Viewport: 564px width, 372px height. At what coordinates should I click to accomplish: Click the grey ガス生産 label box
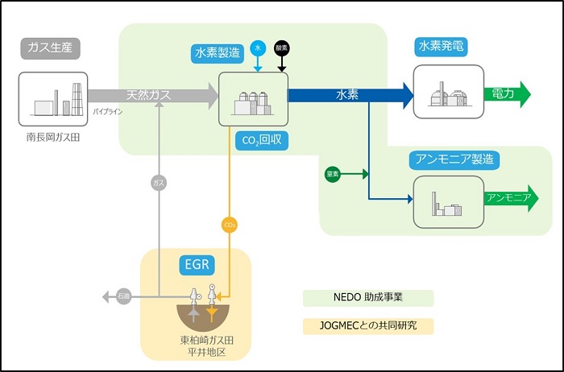coord(50,48)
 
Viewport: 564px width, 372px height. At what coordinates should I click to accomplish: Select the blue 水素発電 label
coord(442,47)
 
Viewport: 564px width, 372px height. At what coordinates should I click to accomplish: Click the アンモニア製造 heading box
coord(454,159)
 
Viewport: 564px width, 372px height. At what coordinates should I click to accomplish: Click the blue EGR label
coord(196,263)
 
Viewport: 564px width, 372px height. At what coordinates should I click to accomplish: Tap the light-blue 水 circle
coord(258,48)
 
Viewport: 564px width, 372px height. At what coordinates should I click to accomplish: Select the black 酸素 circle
coord(281,48)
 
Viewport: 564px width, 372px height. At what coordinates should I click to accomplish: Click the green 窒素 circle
coord(332,174)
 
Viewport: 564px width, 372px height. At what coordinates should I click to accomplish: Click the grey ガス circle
coord(160,184)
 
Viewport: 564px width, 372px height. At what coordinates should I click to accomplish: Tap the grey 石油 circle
coord(123,297)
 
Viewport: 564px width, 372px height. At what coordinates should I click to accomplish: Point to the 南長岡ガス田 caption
coord(52,138)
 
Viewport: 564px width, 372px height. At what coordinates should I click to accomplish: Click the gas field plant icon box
coord(53,98)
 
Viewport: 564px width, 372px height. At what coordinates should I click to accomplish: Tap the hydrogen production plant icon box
coord(252,97)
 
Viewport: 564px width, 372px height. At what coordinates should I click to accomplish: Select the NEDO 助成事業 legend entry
coord(368,298)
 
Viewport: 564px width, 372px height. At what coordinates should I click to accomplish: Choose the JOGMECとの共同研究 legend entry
coord(368,326)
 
